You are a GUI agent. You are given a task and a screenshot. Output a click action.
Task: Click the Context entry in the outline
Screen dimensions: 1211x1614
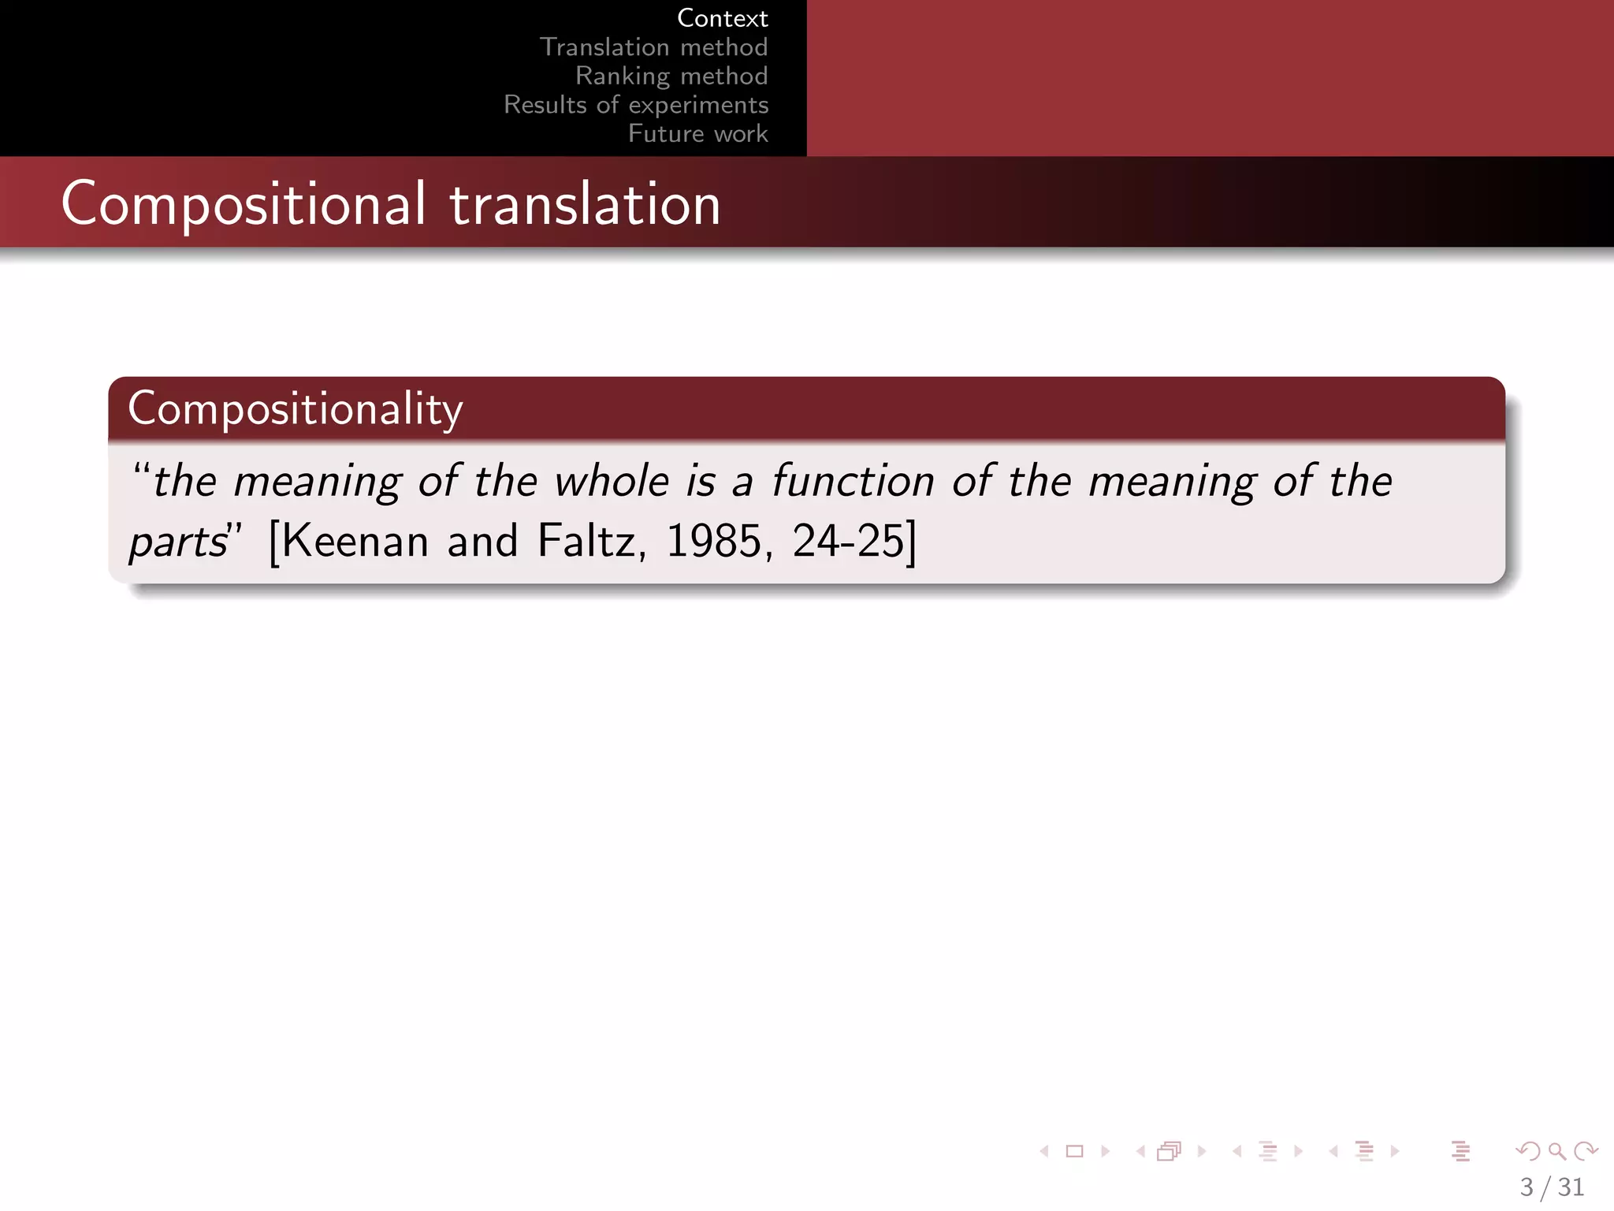point(722,18)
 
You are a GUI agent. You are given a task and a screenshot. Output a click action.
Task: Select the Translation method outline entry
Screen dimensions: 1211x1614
point(653,47)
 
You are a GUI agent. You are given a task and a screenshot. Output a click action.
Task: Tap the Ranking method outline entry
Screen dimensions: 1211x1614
point(671,76)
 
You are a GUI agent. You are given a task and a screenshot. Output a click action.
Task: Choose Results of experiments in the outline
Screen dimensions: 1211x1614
point(636,105)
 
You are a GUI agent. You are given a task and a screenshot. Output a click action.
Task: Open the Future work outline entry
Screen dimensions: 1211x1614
point(697,134)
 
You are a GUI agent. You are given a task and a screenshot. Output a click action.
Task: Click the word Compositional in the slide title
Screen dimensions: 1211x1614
point(244,204)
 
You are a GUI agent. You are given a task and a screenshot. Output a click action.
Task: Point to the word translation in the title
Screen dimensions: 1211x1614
point(585,204)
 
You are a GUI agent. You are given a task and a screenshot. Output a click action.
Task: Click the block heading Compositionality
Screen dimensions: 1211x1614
point(296,409)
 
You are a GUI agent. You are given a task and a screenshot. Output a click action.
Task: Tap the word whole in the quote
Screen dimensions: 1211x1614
point(612,481)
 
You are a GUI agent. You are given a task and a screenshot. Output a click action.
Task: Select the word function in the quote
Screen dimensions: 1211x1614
point(853,481)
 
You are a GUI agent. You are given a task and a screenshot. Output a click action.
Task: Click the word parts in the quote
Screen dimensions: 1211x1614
point(178,542)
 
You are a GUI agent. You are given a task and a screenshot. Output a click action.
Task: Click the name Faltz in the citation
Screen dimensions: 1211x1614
point(586,542)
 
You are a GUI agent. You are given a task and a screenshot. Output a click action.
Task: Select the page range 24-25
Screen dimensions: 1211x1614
point(848,542)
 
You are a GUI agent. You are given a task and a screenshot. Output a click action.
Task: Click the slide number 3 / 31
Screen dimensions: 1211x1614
point(1551,1187)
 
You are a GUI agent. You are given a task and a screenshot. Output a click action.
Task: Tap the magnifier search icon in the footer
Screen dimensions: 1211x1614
point(1556,1152)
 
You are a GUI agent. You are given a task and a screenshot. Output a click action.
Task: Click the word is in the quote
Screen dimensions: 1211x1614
point(701,481)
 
